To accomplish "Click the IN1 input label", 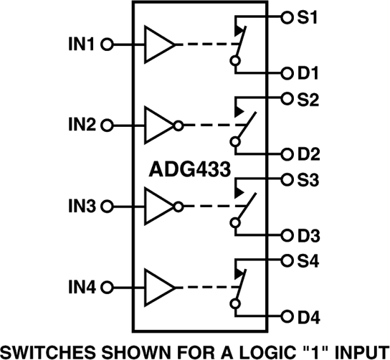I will pyautogui.click(x=82, y=44).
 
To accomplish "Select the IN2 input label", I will pyautogui.click(x=82, y=125).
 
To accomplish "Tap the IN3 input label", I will pyautogui.click(x=82, y=207).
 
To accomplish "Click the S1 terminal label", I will pyautogui.click(x=309, y=16).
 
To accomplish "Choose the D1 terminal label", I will pyautogui.click(x=310, y=73).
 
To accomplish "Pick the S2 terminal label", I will pyautogui.click(x=309, y=98).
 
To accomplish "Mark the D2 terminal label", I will pyautogui.click(x=310, y=154).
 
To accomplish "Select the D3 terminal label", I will pyautogui.click(x=310, y=235).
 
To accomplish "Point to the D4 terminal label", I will pyautogui.click(x=310, y=316).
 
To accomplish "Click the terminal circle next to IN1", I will pyautogui.click(x=107, y=44).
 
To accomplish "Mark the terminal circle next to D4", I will pyautogui.click(x=287, y=316).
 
